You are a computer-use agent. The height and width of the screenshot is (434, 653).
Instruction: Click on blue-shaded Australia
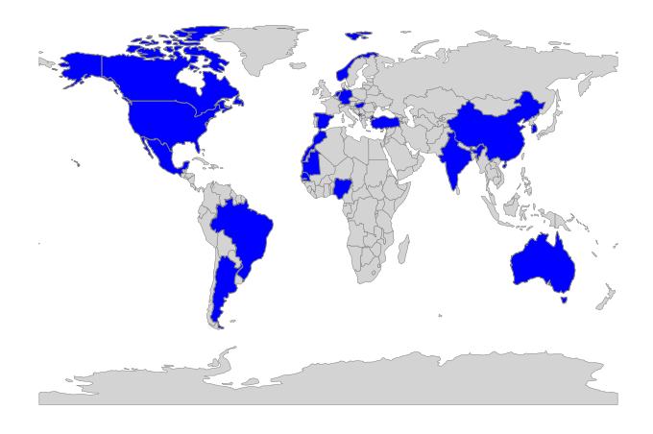click(543, 259)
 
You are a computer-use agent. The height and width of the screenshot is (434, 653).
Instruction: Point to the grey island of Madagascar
click(404, 251)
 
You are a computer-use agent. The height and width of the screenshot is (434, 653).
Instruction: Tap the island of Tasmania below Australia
click(564, 300)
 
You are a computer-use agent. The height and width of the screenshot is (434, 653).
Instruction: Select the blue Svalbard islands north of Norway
click(357, 36)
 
